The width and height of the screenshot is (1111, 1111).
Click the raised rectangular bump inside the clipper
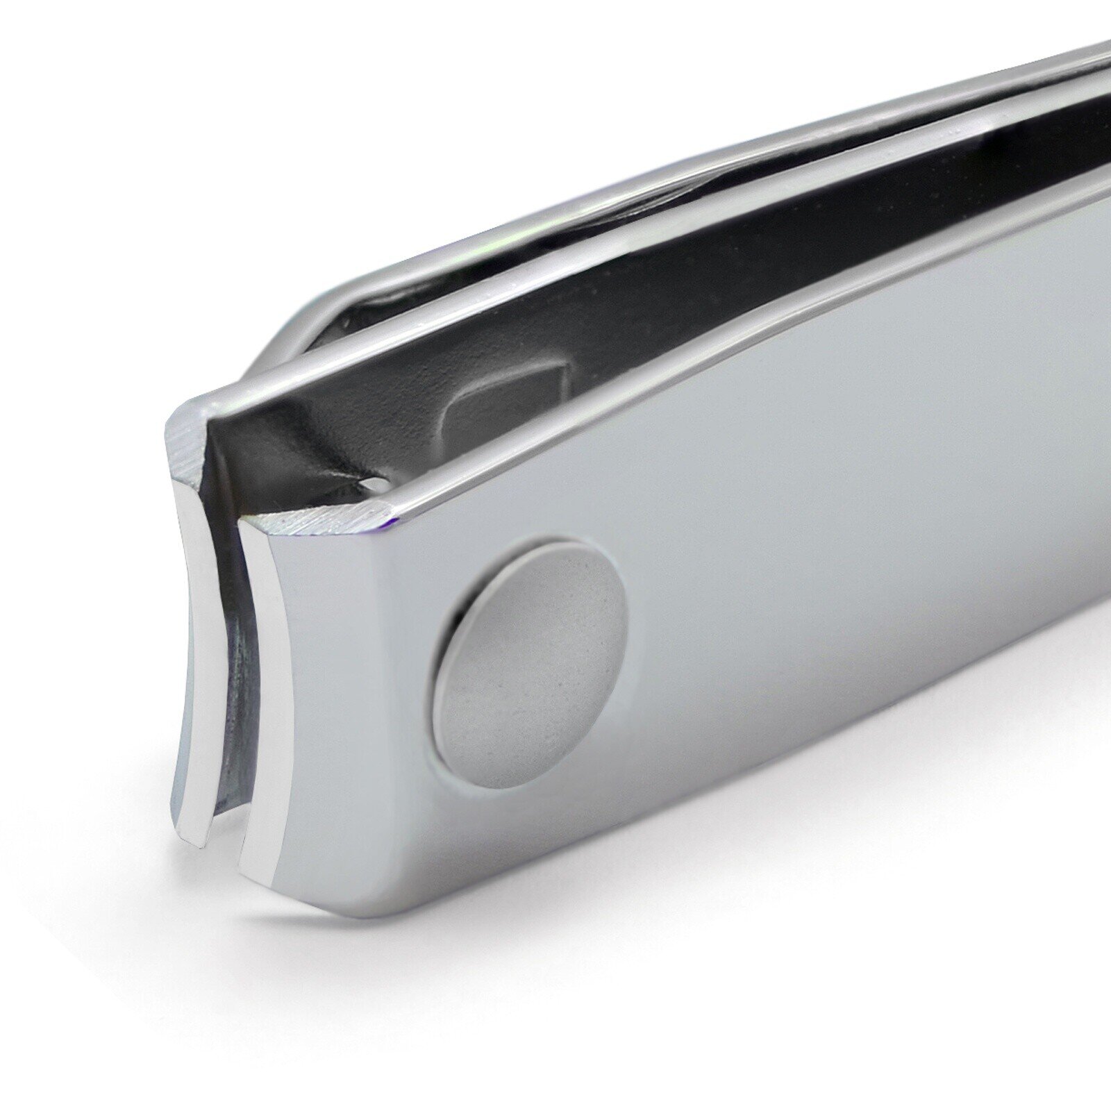pyautogui.click(x=500, y=406)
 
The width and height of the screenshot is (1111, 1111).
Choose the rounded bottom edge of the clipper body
pyautogui.click(x=625, y=937)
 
